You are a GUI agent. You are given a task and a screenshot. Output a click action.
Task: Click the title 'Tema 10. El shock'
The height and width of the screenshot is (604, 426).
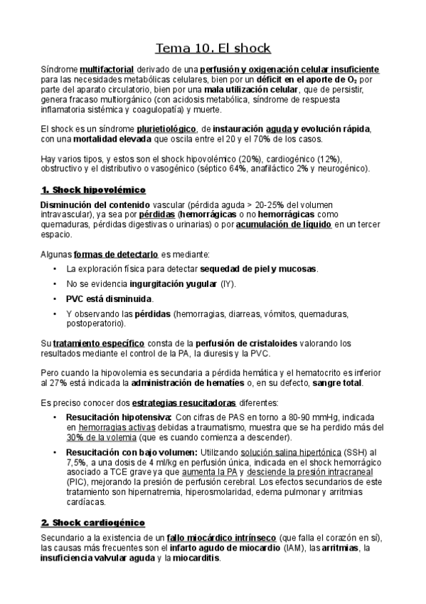pos(213,48)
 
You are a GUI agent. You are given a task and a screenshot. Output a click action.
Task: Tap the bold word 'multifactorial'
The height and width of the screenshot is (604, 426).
pos(107,69)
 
